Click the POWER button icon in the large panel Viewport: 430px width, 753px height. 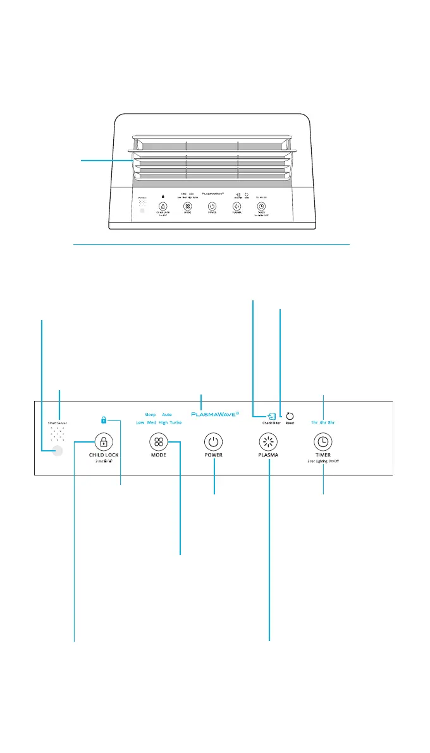(214, 441)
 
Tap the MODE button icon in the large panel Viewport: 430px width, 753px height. (157, 441)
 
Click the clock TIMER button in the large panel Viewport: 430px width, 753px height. (322, 441)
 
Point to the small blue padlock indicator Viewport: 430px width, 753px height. (104, 419)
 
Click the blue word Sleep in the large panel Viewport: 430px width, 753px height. (150, 415)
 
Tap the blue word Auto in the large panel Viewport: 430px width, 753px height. (167, 415)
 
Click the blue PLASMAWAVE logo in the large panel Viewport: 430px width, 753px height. (214, 415)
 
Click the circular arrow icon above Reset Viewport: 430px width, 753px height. (290, 416)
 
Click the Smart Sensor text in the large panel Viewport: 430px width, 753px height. (58, 420)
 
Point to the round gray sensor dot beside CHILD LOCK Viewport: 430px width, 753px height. (58, 451)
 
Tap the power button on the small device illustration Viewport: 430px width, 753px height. (212, 206)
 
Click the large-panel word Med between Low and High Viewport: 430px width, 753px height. (152, 422)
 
